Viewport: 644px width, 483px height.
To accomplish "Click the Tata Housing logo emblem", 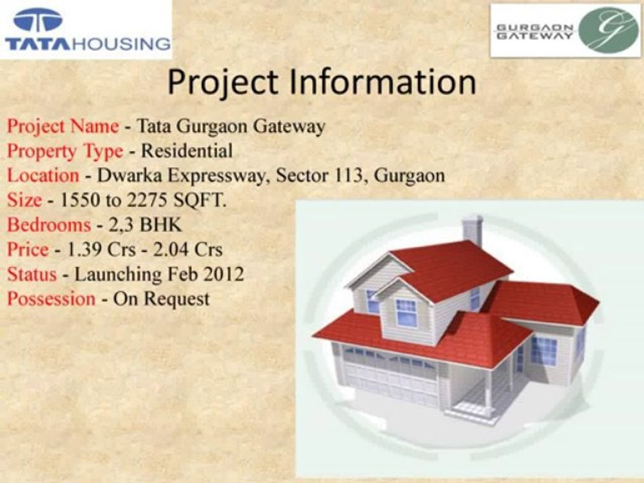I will pyautogui.click(x=38, y=21).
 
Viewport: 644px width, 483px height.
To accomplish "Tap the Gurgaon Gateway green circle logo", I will pyautogui.click(x=609, y=31).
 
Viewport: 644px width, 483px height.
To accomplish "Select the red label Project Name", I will pyautogui.click(x=63, y=126).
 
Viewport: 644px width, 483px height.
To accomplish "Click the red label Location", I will pyautogui.click(x=43, y=176).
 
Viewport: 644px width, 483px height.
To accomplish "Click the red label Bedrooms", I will pyautogui.click(x=48, y=225).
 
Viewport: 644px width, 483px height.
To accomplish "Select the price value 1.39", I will pyautogui.click(x=83, y=250).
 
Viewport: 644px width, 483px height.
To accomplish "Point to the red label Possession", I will pyautogui.click(x=51, y=299).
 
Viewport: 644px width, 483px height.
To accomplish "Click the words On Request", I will pyautogui.click(x=161, y=299).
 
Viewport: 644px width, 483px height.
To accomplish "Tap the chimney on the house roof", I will pyautogui.click(x=472, y=230).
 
